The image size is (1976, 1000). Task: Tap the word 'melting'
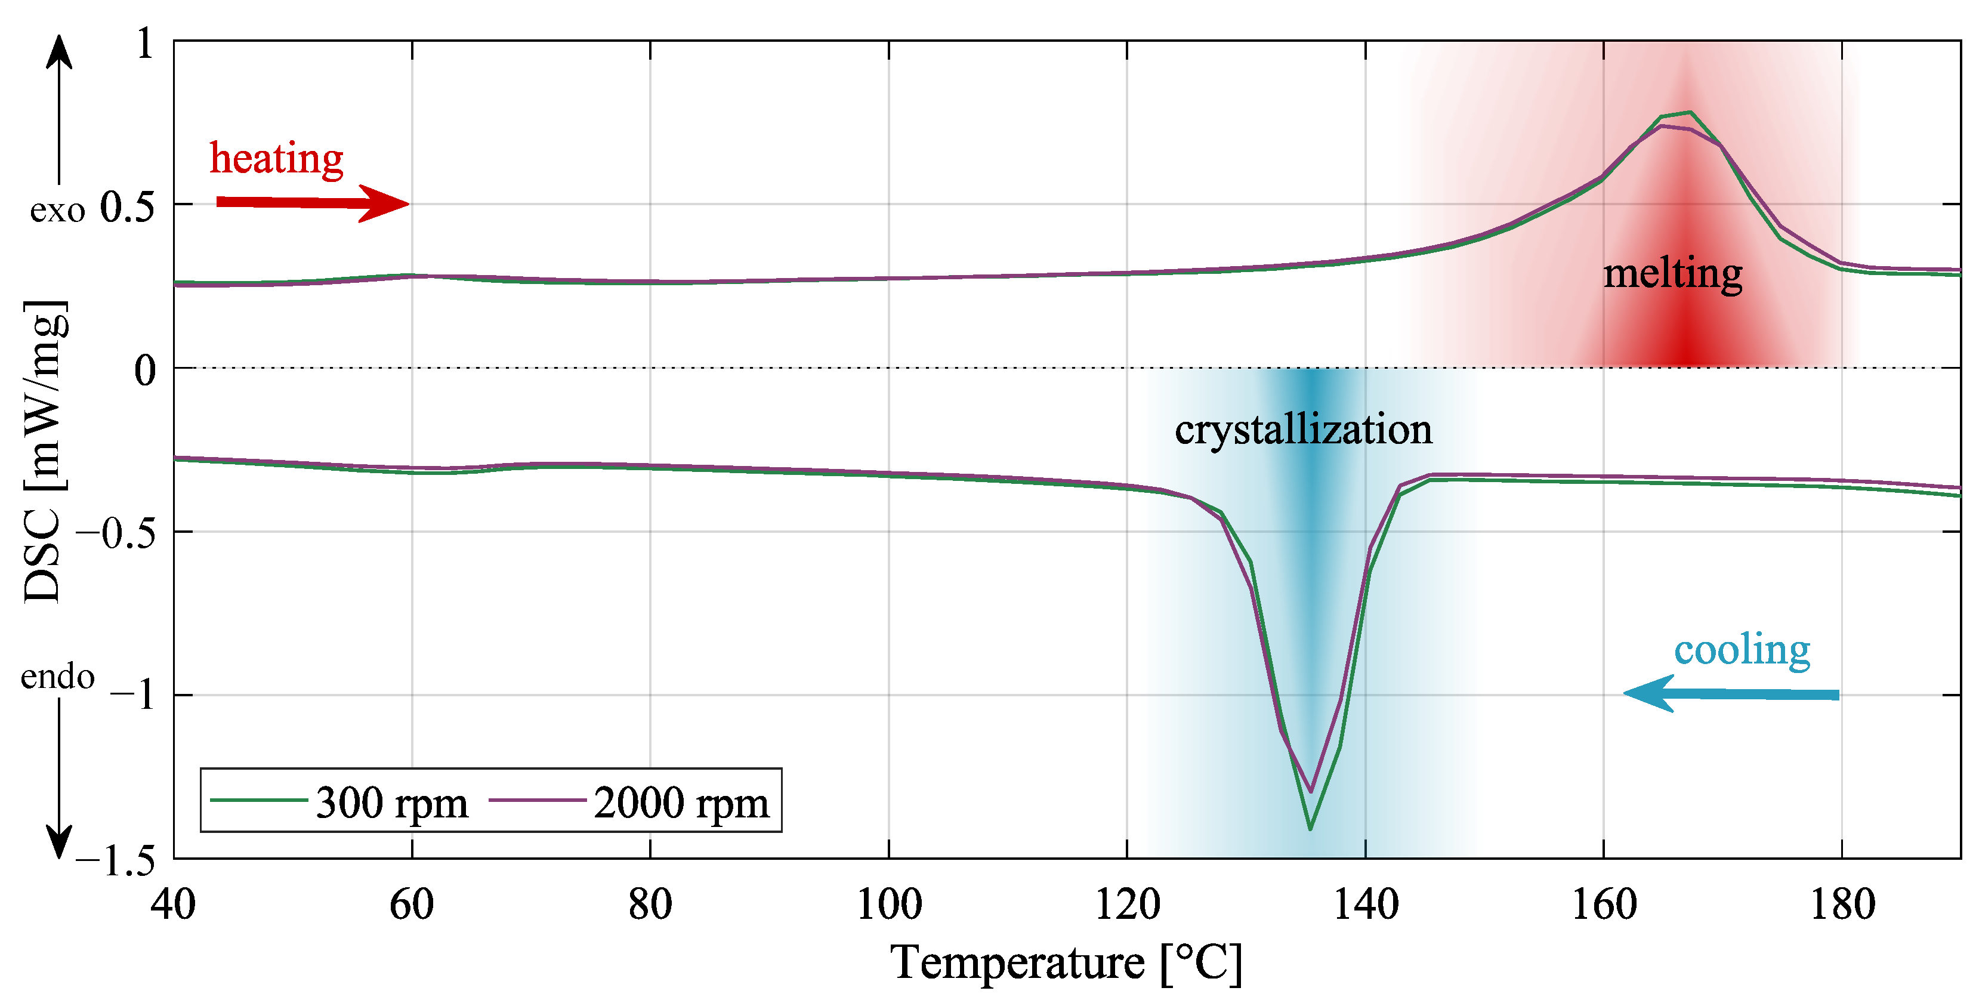click(x=1672, y=274)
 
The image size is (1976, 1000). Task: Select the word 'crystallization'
click(x=1303, y=430)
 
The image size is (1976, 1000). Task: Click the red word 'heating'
click(x=276, y=159)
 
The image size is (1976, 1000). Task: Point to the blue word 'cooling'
click(x=1742, y=650)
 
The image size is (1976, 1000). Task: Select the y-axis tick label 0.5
click(x=127, y=207)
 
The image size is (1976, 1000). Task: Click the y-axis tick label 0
click(x=145, y=371)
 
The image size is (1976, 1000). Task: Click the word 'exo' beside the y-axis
click(x=57, y=210)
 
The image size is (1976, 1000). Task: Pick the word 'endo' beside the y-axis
click(x=57, y=677)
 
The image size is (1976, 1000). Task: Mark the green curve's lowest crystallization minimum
click(x=1310, y=829)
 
